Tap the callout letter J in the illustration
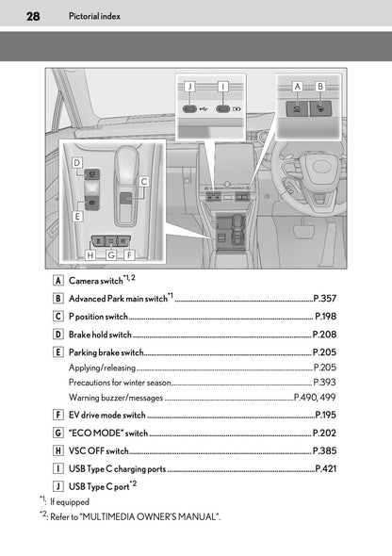[189, 86]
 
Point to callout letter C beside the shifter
[144, 180]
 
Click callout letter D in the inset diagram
[75, 163]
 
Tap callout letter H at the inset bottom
[90, 253]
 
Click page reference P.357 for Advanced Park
[324, 299]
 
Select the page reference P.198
[325, 317]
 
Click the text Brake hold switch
[100, 334]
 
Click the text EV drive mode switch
[106, 415]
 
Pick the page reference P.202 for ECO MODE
[324, 433]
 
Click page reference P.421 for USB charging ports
[325, 468]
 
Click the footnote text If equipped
[73, 501]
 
